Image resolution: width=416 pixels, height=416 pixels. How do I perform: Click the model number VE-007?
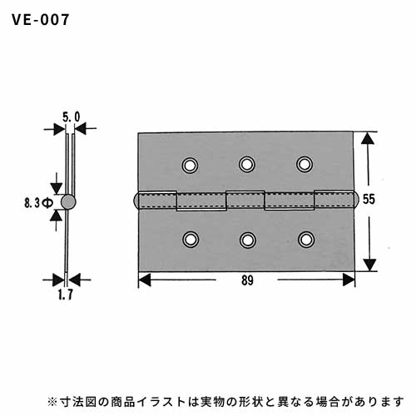point(41,20)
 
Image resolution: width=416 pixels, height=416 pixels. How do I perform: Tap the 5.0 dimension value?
point(71,117)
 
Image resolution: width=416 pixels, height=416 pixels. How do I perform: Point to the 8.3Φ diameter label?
point(38,204)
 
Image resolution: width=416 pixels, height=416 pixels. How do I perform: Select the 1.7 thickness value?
point(66,295)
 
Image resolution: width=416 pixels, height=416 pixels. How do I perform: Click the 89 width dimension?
point(247,280)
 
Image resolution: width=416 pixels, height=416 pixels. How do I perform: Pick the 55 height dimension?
point(369,200)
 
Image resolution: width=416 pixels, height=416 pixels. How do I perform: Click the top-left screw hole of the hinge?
point(190,166)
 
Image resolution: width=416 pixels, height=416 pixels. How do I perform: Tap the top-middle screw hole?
point(247,164)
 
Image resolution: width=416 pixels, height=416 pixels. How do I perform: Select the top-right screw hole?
point(305,164)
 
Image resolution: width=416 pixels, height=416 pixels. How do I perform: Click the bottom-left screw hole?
point(191,239)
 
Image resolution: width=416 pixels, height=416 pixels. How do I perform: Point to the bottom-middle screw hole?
point(248,240)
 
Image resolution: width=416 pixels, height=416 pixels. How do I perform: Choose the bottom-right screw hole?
point(306,239)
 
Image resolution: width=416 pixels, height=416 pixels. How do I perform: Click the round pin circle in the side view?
point(68,201)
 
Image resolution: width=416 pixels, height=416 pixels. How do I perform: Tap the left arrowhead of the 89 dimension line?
point(145,280)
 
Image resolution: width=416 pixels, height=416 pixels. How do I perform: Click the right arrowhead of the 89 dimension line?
point(349,280)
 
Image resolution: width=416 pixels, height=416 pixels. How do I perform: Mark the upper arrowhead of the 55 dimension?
point(368,138)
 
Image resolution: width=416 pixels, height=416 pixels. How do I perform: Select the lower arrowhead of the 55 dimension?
point(369,265)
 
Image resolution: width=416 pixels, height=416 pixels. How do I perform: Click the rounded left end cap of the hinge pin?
point(136,200)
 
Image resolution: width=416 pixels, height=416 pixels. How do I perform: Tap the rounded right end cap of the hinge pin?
point(356,200)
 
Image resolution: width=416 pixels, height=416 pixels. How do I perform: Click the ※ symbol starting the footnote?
point(52,402)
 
